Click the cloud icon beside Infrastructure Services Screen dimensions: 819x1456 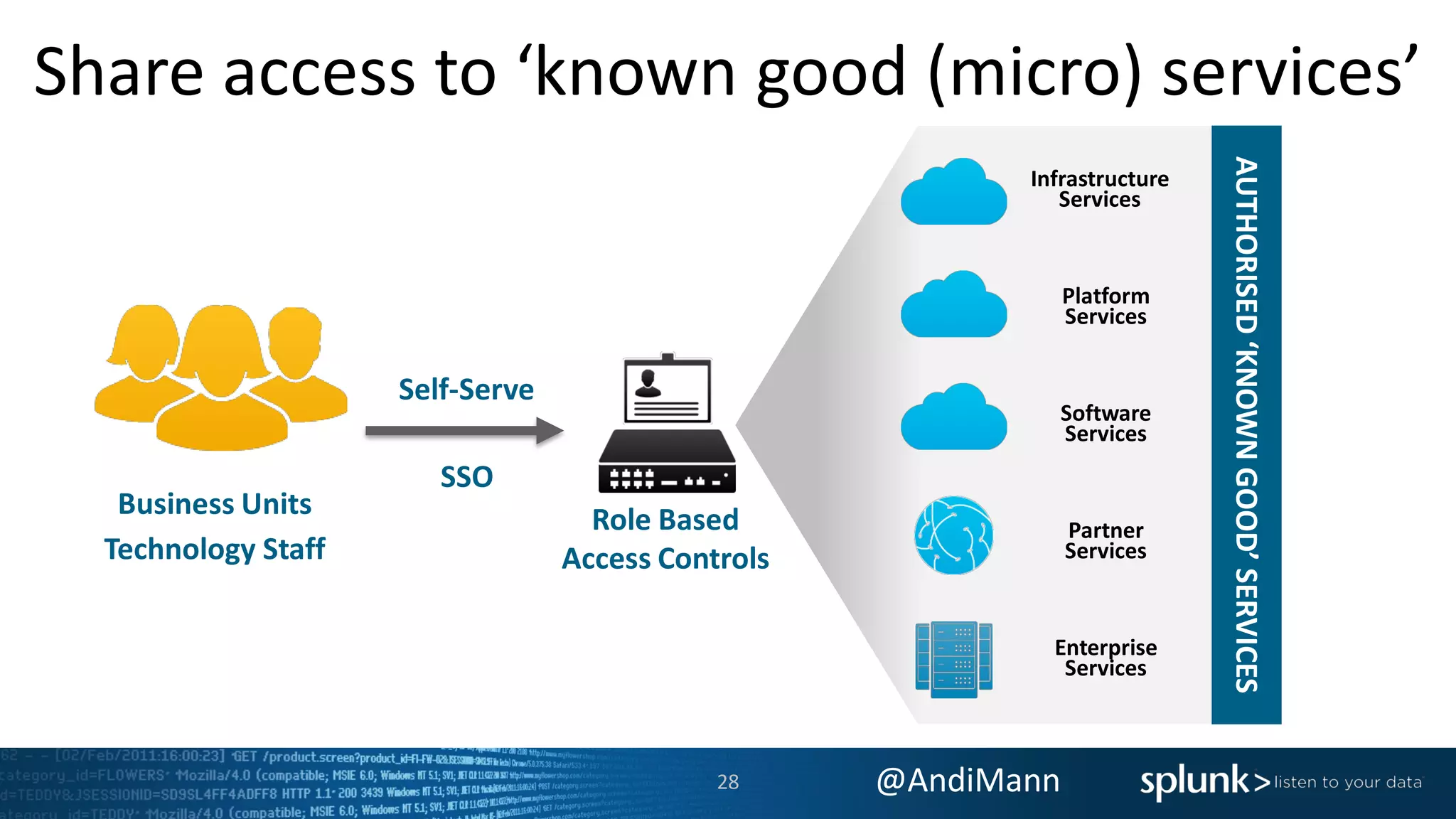coord(953,193)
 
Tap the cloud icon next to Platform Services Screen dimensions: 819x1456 coord(953,306)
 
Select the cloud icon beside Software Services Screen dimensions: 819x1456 coord(953,419)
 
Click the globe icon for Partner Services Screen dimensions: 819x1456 coord(953,535)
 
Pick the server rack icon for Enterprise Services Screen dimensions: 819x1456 coord(953,659)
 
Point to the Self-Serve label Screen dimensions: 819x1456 coord(466,390)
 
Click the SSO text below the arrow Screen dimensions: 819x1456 coord(466,476)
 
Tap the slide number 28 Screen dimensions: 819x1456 coord(727,782)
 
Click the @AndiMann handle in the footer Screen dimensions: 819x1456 coord(968,781)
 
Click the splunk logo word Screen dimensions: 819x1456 coord(1194,781)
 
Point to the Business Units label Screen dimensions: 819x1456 coord(215,504)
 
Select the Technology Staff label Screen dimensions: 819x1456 coord(215,549)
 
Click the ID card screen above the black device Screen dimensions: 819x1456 coord(667,391)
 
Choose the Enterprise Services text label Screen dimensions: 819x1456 coord(1106,658)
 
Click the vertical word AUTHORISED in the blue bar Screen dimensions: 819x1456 coord(1246,245)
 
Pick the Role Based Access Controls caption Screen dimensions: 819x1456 coord(665,539)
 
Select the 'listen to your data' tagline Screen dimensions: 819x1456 coord(1348,782)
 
